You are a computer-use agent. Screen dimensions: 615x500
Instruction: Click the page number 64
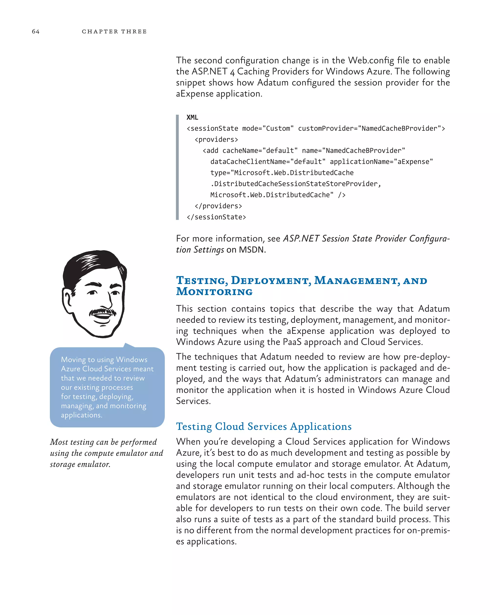coord(36,31)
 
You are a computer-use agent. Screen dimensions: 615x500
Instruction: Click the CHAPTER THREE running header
coord(114,31)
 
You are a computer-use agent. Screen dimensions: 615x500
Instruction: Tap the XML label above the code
coord(192,117)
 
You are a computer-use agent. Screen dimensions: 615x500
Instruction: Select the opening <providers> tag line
coord(216,139)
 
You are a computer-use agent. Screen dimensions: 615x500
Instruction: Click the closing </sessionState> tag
coord(216,217)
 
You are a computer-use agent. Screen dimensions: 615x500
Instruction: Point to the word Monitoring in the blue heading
coord(214,292)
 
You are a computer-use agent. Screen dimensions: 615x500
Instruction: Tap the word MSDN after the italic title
coord(251,250)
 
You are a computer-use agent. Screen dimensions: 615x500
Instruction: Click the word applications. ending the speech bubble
coord(82,415)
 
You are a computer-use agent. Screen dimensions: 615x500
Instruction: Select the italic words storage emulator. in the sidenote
coord(80,464)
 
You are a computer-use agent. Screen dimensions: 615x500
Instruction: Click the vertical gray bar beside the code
coord(177,167)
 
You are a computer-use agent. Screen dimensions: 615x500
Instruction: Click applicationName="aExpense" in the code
coord(381,162)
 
